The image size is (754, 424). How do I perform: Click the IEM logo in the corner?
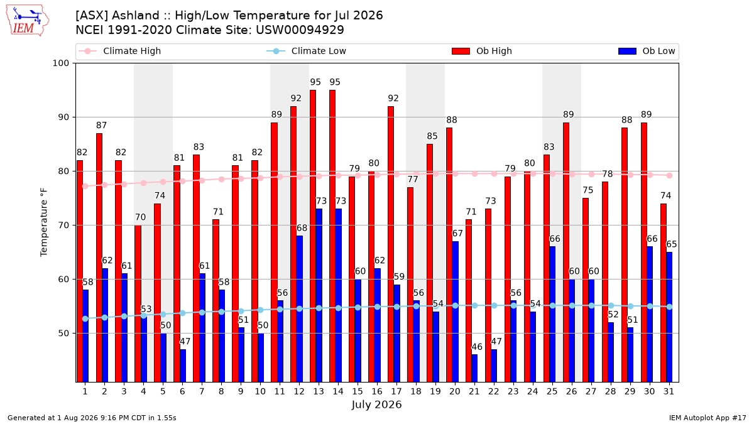click(27, 21)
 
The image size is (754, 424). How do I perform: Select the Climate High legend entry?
click(119, 51)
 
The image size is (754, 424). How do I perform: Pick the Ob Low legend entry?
click(647, 51)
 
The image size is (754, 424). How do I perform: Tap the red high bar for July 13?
click(313, 236)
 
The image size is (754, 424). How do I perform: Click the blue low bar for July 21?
click(474, 368)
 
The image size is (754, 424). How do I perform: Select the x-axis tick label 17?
click(396, 391)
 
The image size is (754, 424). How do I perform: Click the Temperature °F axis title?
click(44, 222)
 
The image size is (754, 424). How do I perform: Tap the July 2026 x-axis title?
click(376, 405)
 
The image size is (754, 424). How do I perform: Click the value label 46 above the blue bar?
click(477, 347)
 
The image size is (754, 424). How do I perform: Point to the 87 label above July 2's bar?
click(101, 125)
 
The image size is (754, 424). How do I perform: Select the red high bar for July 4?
click(138, 303)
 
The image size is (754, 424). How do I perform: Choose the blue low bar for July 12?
click(299, 309)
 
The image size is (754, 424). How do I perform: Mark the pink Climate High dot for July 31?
click(669, 175)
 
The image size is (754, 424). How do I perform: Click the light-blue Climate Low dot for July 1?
click(85, 318)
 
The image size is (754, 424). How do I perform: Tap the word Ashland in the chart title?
click(135, 16)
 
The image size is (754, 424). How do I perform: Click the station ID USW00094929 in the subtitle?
click(300, 30)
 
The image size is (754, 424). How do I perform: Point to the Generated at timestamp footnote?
click(92, 418)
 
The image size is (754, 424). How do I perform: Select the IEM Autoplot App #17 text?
click(708, 418)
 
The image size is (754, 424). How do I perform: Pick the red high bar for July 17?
click(391, 244)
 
